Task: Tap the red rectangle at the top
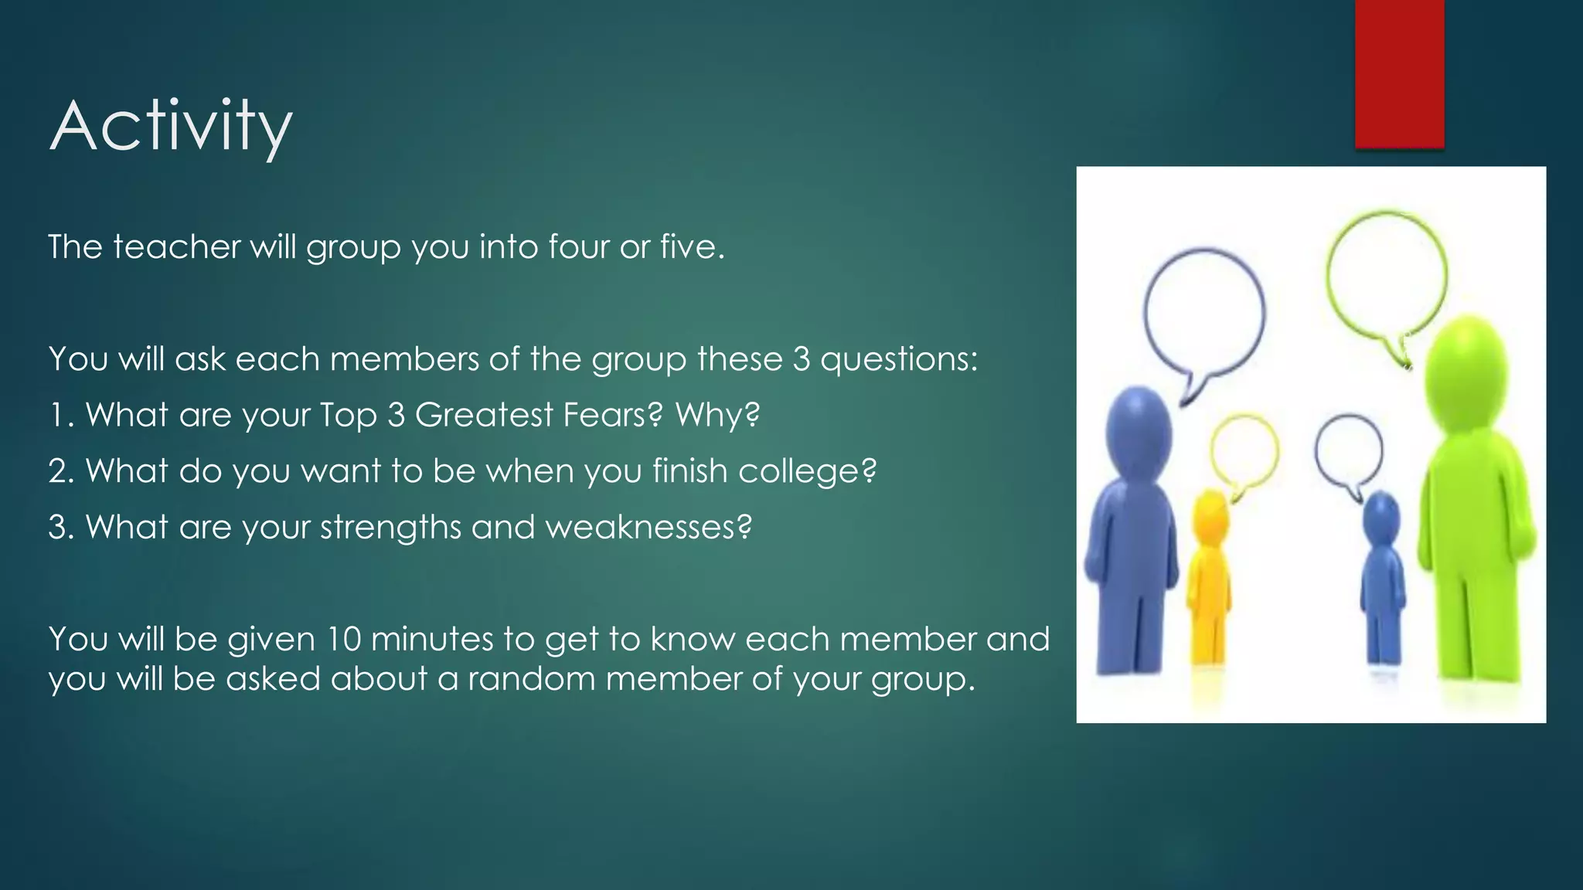[1399, 73]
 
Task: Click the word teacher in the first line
[177, 247]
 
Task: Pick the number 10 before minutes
[344, 640]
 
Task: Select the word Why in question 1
[717, 415]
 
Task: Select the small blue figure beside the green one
[1382, 579]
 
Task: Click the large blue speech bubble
[1203, 313]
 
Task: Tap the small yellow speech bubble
[1244, 452]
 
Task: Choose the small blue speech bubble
[1349, 452]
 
